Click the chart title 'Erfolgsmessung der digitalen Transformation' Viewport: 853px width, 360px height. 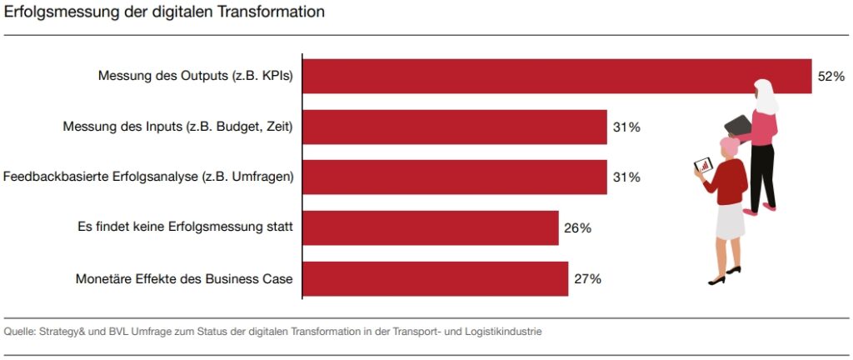(164, 12)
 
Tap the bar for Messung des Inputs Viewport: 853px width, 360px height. (454, 127)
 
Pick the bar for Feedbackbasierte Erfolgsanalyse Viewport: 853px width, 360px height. (454, 177)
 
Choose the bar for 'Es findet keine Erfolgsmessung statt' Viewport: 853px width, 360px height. (430, 228)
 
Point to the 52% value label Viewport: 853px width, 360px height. (831, 77)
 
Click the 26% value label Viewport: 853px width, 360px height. (577, 228)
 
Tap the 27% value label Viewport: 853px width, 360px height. (587, 279)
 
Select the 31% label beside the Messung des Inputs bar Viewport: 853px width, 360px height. (626, 127)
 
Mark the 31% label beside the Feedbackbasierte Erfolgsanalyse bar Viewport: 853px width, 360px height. (626, 177)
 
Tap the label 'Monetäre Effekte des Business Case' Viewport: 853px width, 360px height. (184, 279)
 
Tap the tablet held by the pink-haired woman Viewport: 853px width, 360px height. (701, 165)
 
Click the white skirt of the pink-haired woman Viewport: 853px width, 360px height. (730, 220)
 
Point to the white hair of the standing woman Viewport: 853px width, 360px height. (766, 97)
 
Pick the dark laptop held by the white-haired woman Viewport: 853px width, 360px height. (738, 126)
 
